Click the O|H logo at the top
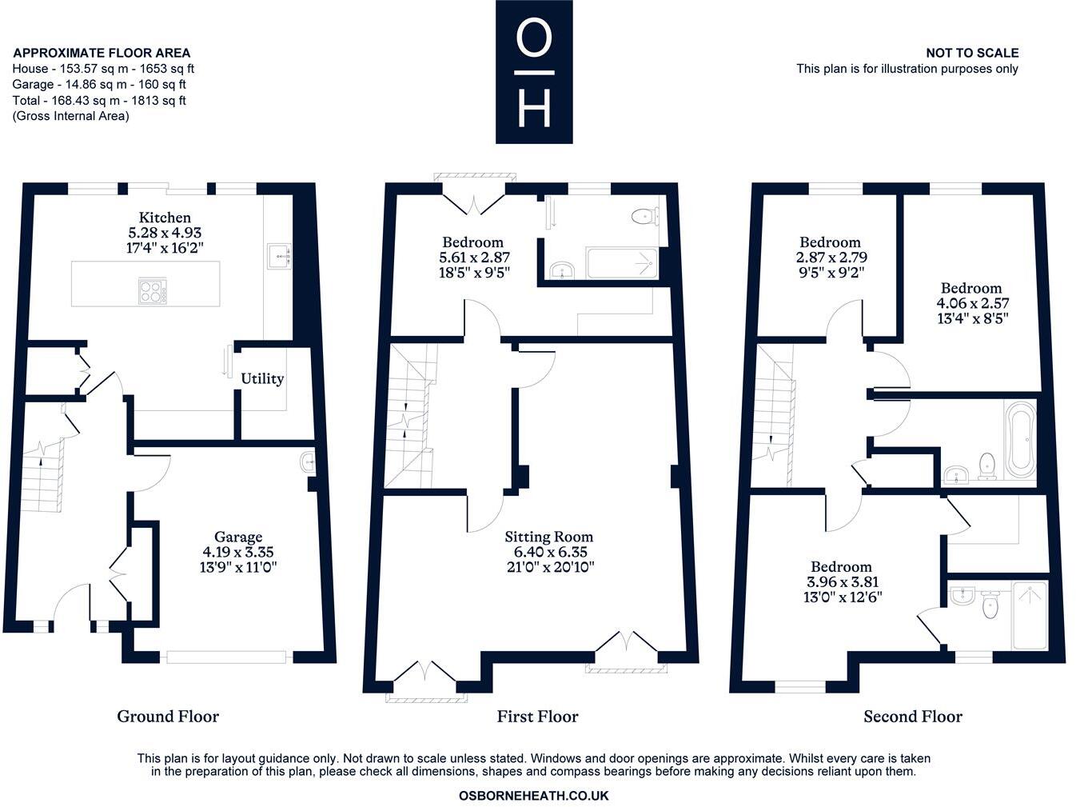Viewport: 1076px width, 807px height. click(534, 72)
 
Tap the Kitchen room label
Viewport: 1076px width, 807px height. click(165, 218)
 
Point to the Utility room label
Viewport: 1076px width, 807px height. click(262, 378)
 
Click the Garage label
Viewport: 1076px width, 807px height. click(237, 537)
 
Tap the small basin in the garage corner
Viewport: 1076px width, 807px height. click(309, 462)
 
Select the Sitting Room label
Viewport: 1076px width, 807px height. click(548, 537)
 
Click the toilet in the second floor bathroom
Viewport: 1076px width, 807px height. click(986, 465)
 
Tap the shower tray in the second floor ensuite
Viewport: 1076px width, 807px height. click(1030, 615)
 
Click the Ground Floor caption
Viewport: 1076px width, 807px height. click(168, 717)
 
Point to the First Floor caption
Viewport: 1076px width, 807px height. click(537, 717)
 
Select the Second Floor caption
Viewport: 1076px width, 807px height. click(913, 717)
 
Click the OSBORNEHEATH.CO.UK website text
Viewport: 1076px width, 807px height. click(533, 796)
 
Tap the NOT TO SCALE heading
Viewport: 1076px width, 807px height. click(972, 53)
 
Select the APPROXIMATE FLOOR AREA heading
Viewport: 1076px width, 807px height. click(102, 53)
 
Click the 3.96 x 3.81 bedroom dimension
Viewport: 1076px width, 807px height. click(841, 582)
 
